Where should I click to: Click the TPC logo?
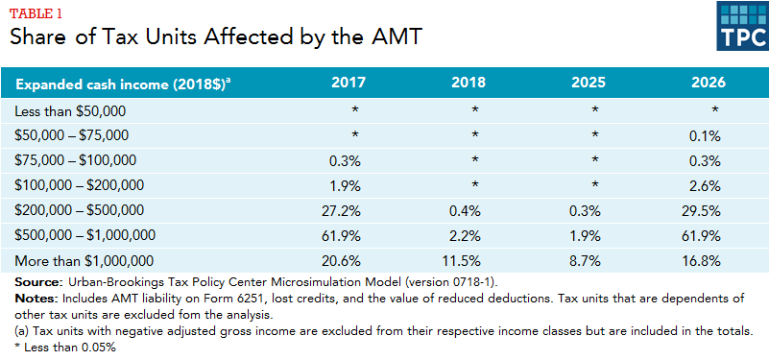(742, 26)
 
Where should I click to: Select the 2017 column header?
(348, 83)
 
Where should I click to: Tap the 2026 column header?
(709, 83)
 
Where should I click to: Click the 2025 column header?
(588, 83)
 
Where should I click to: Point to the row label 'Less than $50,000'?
(70, 111)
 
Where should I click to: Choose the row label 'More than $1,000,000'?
(84, 260)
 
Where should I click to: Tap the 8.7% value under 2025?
(587, 260)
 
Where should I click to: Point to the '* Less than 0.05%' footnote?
(64, 348)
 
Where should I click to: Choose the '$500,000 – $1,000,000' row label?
(84, 235)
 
